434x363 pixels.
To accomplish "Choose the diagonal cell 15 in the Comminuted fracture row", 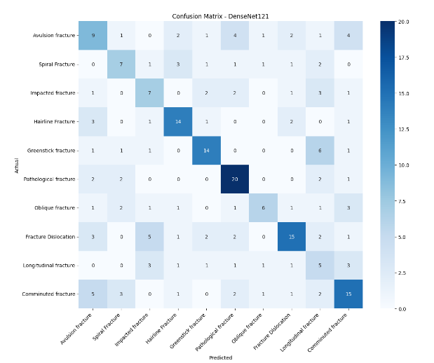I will tap(332, 294).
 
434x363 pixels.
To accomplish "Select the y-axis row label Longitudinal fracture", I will tap(49, 265).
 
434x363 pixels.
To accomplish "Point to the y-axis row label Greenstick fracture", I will tap(50, 150).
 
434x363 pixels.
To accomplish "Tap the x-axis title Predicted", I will tap(221, 357).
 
